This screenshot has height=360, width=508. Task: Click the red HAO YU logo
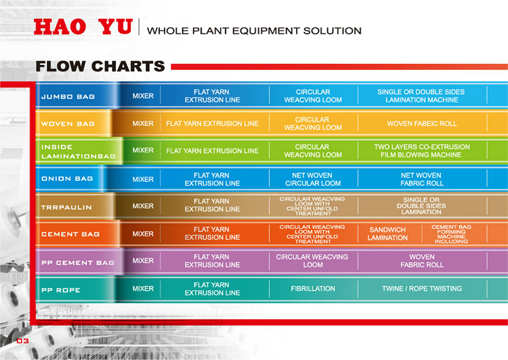coord(83,26)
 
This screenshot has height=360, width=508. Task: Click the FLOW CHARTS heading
coord(100,66)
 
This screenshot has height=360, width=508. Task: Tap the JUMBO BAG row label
coord(68,96)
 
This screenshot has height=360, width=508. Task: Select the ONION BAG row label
coord(67,179)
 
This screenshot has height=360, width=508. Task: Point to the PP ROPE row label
coord(61,290)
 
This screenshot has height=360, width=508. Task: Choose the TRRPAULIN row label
coord(67,208)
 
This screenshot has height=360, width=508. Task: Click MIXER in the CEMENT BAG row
coord(143,233)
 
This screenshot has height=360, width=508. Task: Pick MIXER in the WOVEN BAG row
coord(143,124)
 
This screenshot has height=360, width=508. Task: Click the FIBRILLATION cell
coord(313,288)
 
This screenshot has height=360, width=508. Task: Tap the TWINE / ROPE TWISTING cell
coord(422,288)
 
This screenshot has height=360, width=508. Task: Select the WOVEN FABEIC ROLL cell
coord(422,124)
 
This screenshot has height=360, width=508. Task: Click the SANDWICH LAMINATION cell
coord(387,233)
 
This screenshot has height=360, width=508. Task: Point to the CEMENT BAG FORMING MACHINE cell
coord(451,234)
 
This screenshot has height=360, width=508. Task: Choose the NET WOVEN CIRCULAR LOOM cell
coord(313,179)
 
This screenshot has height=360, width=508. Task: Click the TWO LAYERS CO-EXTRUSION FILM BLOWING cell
coord(422,150)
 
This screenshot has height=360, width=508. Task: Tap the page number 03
coord(23,341)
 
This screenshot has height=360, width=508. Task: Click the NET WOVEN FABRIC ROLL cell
coord(422,179)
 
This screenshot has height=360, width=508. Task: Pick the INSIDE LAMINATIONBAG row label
coord(78,151)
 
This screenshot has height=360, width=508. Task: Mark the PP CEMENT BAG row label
coord(78,263)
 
